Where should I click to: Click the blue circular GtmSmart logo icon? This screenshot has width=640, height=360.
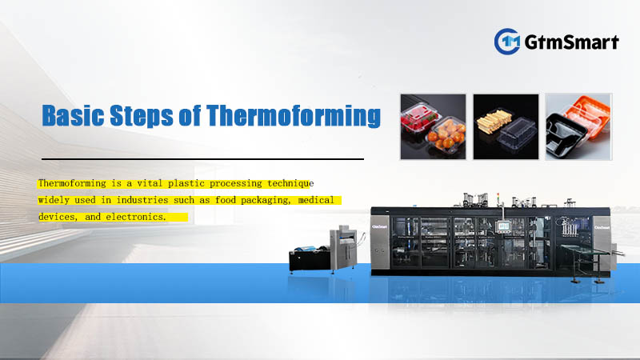click(x=508, y=41)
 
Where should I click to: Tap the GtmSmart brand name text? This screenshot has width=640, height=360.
click(x=572, y=41)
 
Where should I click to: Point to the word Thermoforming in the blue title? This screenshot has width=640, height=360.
click(x=294, y=117)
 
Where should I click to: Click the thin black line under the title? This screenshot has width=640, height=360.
click(x=200, y=159)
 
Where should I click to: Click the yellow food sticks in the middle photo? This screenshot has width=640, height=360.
click(x=490, y=124)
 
